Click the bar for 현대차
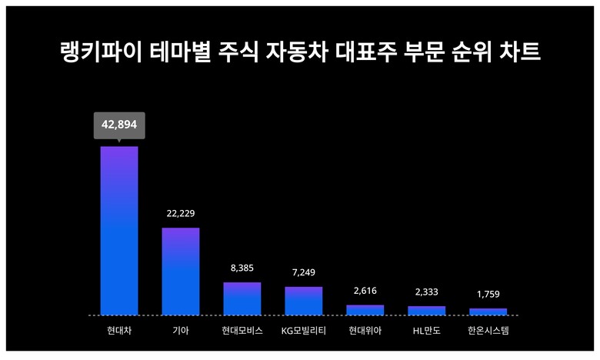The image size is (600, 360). (119, 231)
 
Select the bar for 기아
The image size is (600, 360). (181, 272)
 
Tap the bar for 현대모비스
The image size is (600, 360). (242, 298)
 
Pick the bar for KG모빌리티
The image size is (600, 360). (304, 301)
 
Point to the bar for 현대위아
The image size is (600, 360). (365, 310)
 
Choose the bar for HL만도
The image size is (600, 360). (427, 311)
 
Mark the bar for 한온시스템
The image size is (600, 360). (488, 312)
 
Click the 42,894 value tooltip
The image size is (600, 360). (119, 125)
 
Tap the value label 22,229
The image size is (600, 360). (181, 213)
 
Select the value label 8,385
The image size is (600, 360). (242, 268)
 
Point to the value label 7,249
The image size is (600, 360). (304, 272)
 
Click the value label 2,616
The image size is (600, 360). (365, 290)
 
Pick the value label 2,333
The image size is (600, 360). (427, 292)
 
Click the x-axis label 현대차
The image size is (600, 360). (119, 332)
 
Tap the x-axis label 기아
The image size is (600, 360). (181, 332)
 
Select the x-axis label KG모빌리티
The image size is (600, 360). (304, 332)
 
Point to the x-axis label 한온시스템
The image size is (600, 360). (488, 332)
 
